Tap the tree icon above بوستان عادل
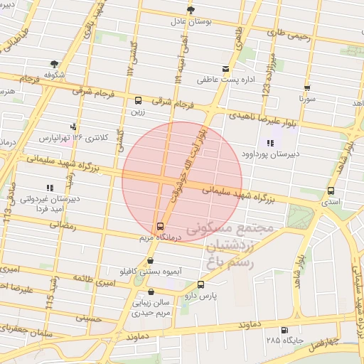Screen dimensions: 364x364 coord(190,9)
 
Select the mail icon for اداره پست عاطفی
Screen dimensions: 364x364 coord(226,70)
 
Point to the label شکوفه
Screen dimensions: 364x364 coord(53,74)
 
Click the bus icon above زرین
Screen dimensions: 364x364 coord(138,100)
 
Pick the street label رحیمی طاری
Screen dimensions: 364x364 coord(289,33)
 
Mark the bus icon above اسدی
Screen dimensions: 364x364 coord(331,191)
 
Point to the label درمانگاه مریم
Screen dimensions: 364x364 coord(159,237)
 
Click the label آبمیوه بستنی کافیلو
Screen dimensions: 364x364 coord(148,272)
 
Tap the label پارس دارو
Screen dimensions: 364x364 coord(200,294)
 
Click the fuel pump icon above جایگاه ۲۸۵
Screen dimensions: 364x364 coord(284,331)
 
